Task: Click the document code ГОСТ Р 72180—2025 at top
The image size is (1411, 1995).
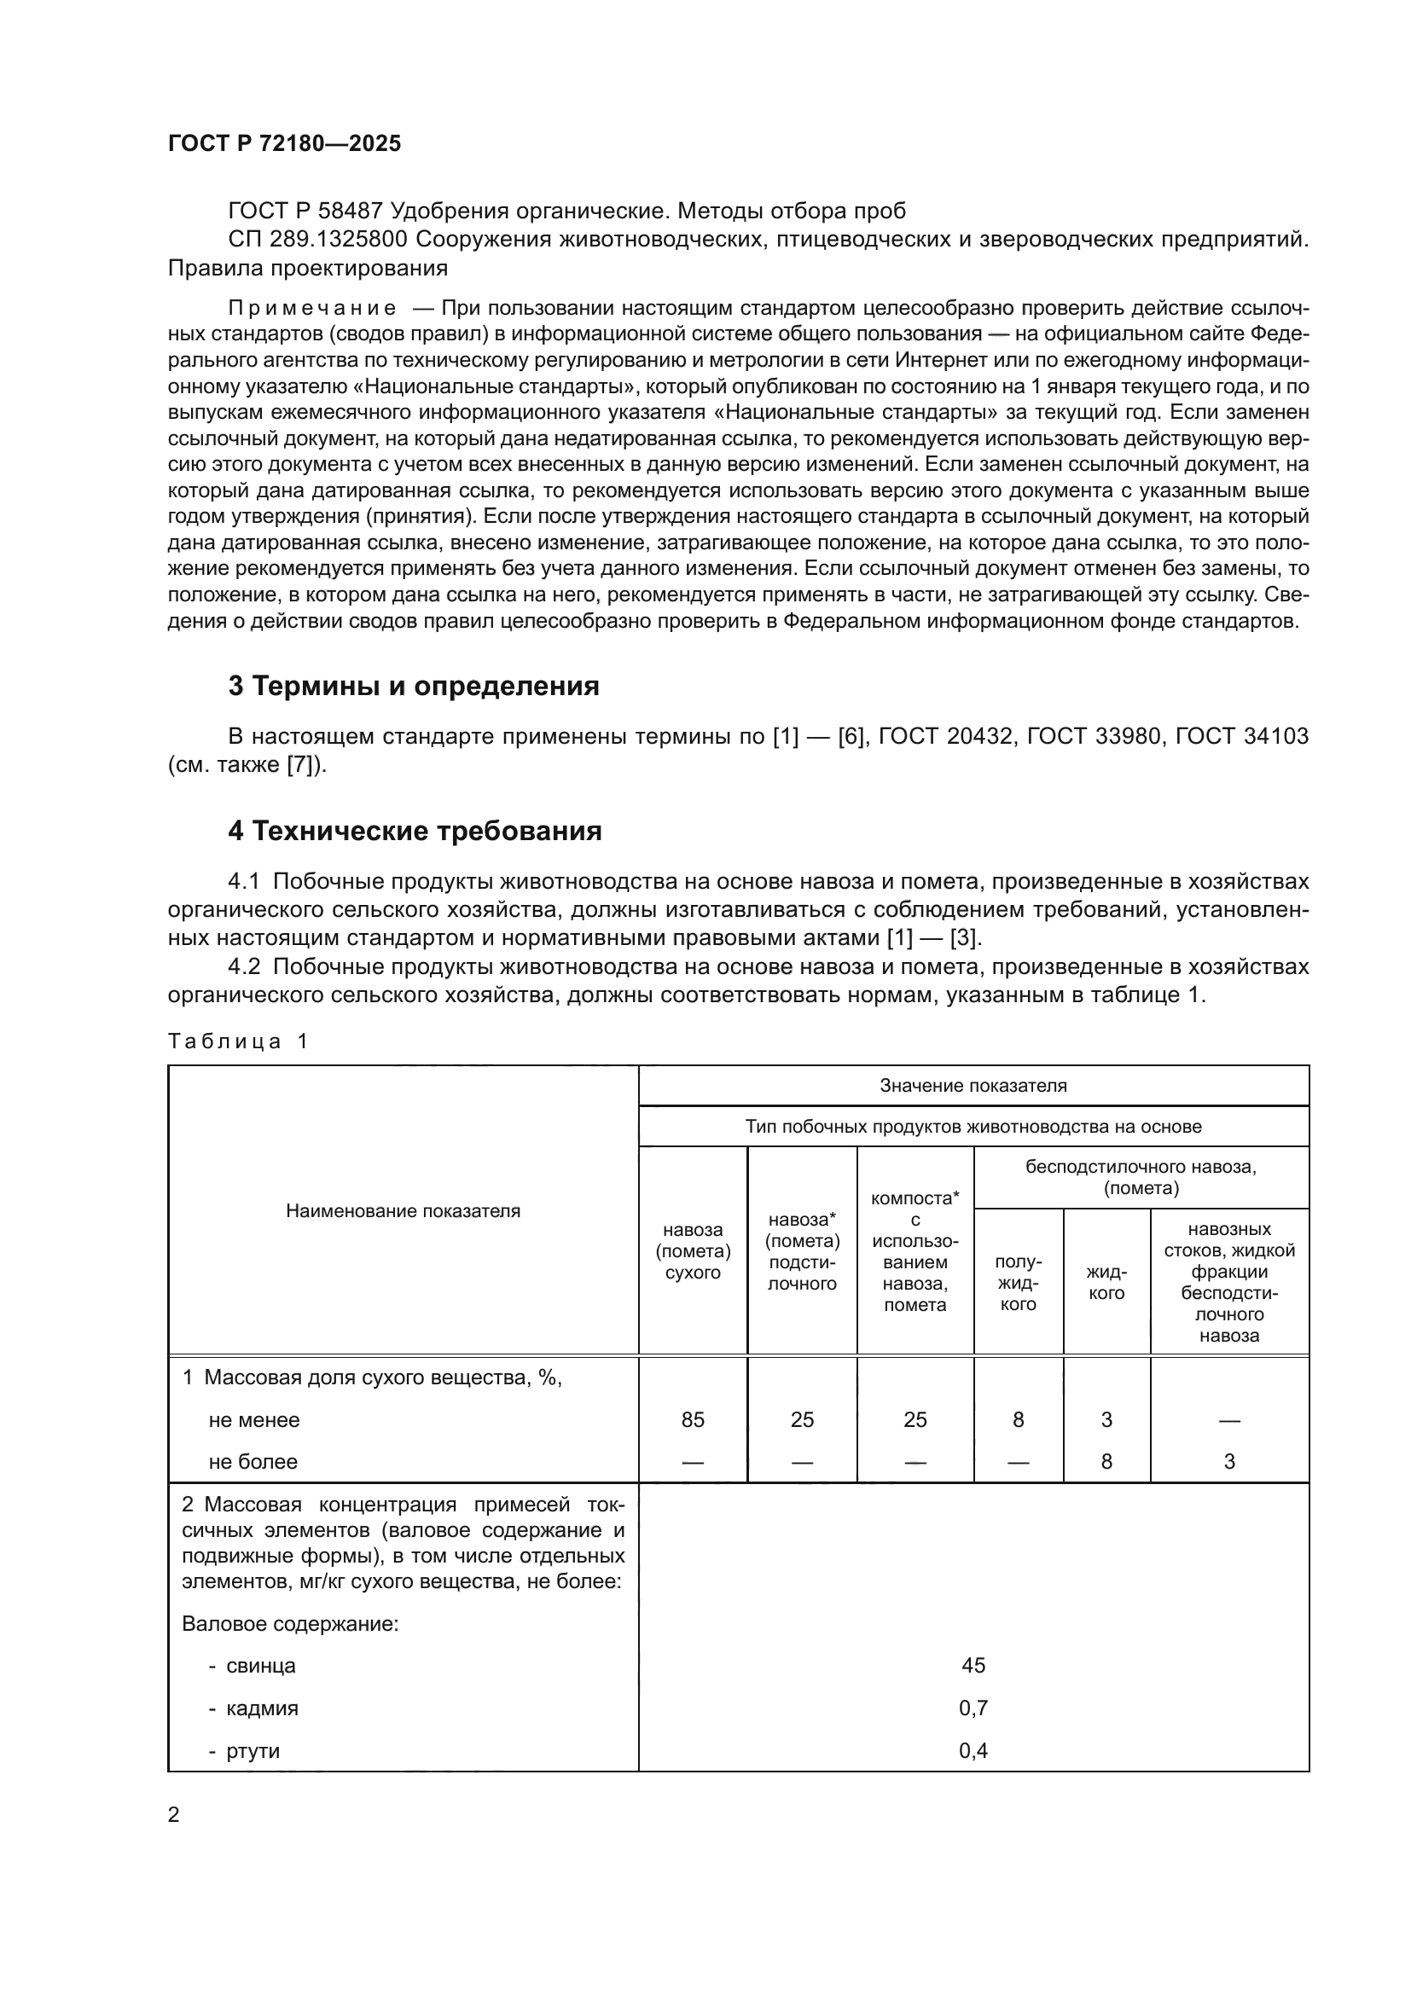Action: click(284, 143)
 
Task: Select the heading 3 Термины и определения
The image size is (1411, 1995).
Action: click(414, 687)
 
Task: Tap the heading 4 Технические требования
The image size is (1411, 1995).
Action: click(415, 832)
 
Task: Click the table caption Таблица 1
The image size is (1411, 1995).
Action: click(237, 1041)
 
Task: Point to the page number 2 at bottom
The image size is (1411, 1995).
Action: click(174, 1814)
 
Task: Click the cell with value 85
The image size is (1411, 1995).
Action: click(693, 1420)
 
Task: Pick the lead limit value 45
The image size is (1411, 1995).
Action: click(973, 1666)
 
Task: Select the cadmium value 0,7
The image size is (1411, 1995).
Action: click(973, 1708)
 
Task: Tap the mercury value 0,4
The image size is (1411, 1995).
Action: click(973, 1751)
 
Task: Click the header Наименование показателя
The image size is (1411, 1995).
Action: click(404, 1211)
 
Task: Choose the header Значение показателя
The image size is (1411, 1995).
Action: click(973, 1086)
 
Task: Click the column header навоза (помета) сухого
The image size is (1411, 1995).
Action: click(693, 1251)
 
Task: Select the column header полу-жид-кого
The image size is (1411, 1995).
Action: click(1019, 1283)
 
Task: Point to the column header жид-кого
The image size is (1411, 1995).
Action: click(1106, 1283)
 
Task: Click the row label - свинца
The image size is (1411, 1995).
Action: click(252, 1667)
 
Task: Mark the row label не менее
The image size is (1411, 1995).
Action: click(253, 1421)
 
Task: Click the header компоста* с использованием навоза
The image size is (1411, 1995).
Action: click(915, 1251)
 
